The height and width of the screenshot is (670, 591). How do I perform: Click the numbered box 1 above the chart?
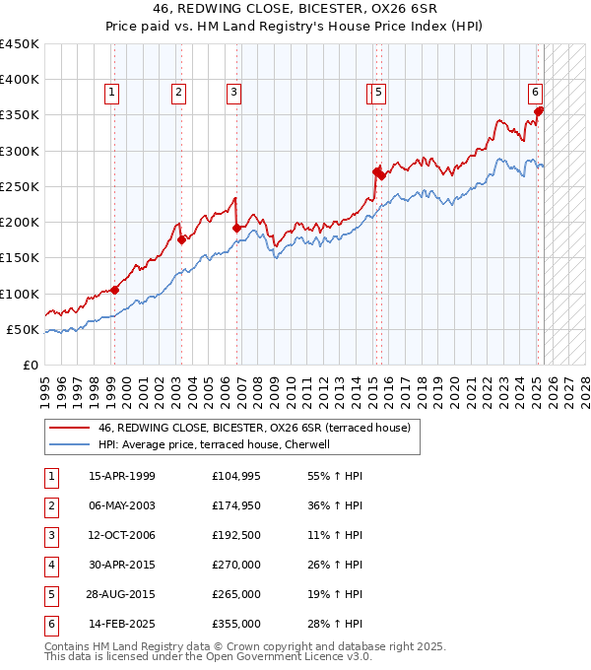pos(112,93)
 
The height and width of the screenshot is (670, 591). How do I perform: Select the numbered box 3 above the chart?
pos(233,93)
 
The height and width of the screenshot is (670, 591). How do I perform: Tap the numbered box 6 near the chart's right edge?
pos(535,93)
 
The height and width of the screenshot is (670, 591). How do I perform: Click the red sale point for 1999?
pos(114,290)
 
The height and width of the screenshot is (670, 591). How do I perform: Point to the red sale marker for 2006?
pos(236,228)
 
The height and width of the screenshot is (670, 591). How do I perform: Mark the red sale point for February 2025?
pos(539,111)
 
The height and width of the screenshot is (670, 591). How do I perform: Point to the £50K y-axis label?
pos(24,329)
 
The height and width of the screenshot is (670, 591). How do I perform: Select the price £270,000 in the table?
pos(236,565)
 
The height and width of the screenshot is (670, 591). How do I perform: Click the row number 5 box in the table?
pos(50,594)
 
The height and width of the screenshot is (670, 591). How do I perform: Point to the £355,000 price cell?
pos(236,624)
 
